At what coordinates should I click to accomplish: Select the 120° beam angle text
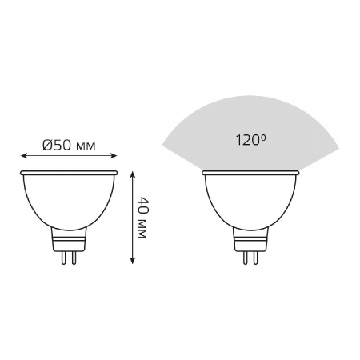[250, 142]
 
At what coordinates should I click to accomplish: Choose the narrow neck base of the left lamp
[69, 237]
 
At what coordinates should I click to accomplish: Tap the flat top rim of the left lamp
[69, 173]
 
